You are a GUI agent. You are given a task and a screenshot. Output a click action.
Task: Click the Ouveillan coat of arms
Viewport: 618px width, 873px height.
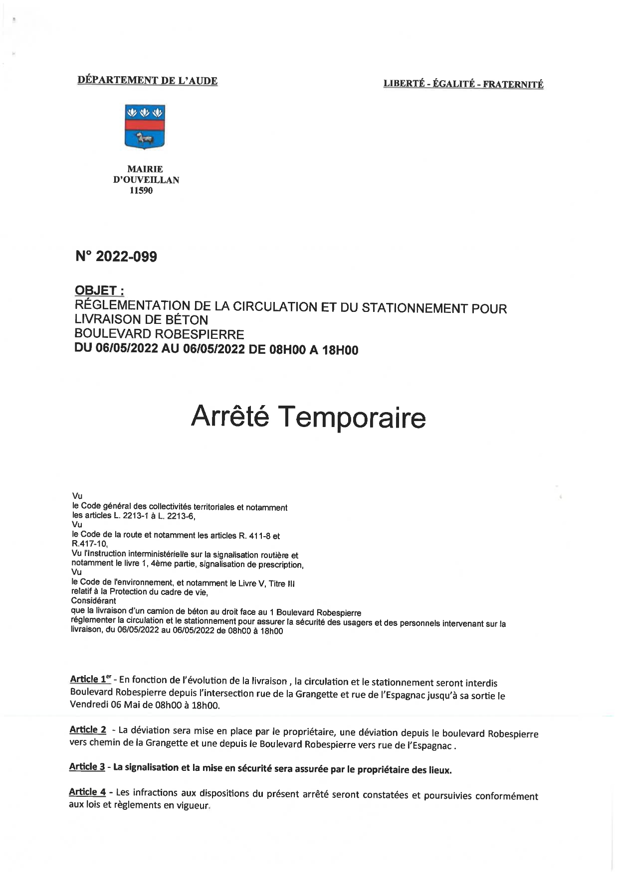tap(145, 127)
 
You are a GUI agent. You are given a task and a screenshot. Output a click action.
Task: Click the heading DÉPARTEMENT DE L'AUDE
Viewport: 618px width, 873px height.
tap(148, 81)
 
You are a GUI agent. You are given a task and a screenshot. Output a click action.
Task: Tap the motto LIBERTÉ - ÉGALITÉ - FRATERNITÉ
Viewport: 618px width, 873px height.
tap(463, 84)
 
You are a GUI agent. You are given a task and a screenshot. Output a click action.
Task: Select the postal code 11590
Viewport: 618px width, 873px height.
tap(141, 190)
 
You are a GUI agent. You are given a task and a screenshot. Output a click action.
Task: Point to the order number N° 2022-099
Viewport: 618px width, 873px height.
tap(116, 257)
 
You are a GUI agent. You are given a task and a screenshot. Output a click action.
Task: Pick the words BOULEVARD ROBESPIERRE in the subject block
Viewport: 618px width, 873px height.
tap(159, 334)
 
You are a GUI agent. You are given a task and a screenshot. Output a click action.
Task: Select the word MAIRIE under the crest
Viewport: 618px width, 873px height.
tap(145, 169)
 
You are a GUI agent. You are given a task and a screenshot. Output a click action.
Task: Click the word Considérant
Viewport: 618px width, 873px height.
tap(94, 601)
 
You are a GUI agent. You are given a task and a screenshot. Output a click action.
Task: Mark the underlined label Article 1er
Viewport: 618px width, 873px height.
tap(90, 679)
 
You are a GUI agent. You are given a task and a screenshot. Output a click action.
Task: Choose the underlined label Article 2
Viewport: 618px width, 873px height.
tap(88, 729)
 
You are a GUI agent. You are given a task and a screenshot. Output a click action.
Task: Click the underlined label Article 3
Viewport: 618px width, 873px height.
tap(87, 767)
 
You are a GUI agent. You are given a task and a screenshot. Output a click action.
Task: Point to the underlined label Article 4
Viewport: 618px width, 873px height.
tap(87, 792)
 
